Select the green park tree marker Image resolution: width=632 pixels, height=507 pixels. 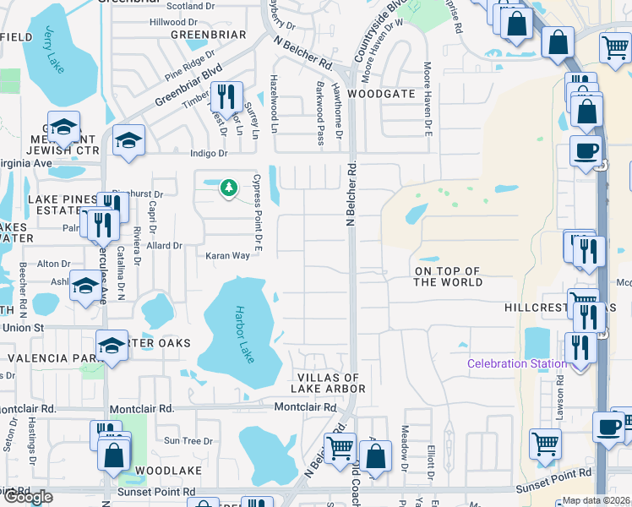[x=227, y=187]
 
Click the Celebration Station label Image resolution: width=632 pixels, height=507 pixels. [x=517, y=363]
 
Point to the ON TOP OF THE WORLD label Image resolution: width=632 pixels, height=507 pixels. [x=448, y=276]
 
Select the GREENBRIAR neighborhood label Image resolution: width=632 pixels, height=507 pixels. [x=208, y=35]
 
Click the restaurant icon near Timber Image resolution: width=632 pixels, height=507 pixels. [x=226, y=95]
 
